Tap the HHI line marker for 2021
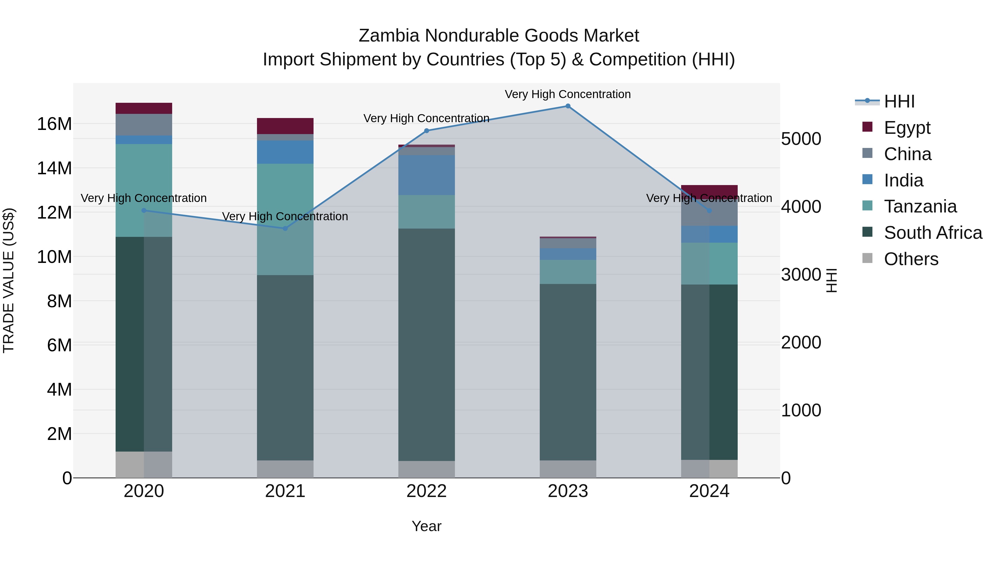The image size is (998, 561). (x=285, y=229)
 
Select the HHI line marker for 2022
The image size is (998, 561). (x=427, y=131)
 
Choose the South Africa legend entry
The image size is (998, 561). (x=933, y=233)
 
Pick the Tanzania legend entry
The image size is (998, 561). (x=920, y=206)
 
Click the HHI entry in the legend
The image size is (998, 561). (x=899, y=101)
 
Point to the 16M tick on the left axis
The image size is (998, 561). (x=54, y=124)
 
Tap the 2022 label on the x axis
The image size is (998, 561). (x=427, y=491)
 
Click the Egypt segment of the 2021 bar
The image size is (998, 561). (x=285, y=126)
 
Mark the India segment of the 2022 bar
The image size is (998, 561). (x=427, y=175)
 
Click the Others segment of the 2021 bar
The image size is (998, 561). (x=285, y=469)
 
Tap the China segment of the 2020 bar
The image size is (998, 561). (x=144, y=125)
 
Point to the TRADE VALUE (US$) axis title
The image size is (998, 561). (x=9, y=280)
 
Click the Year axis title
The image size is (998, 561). (x=427, y=526)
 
